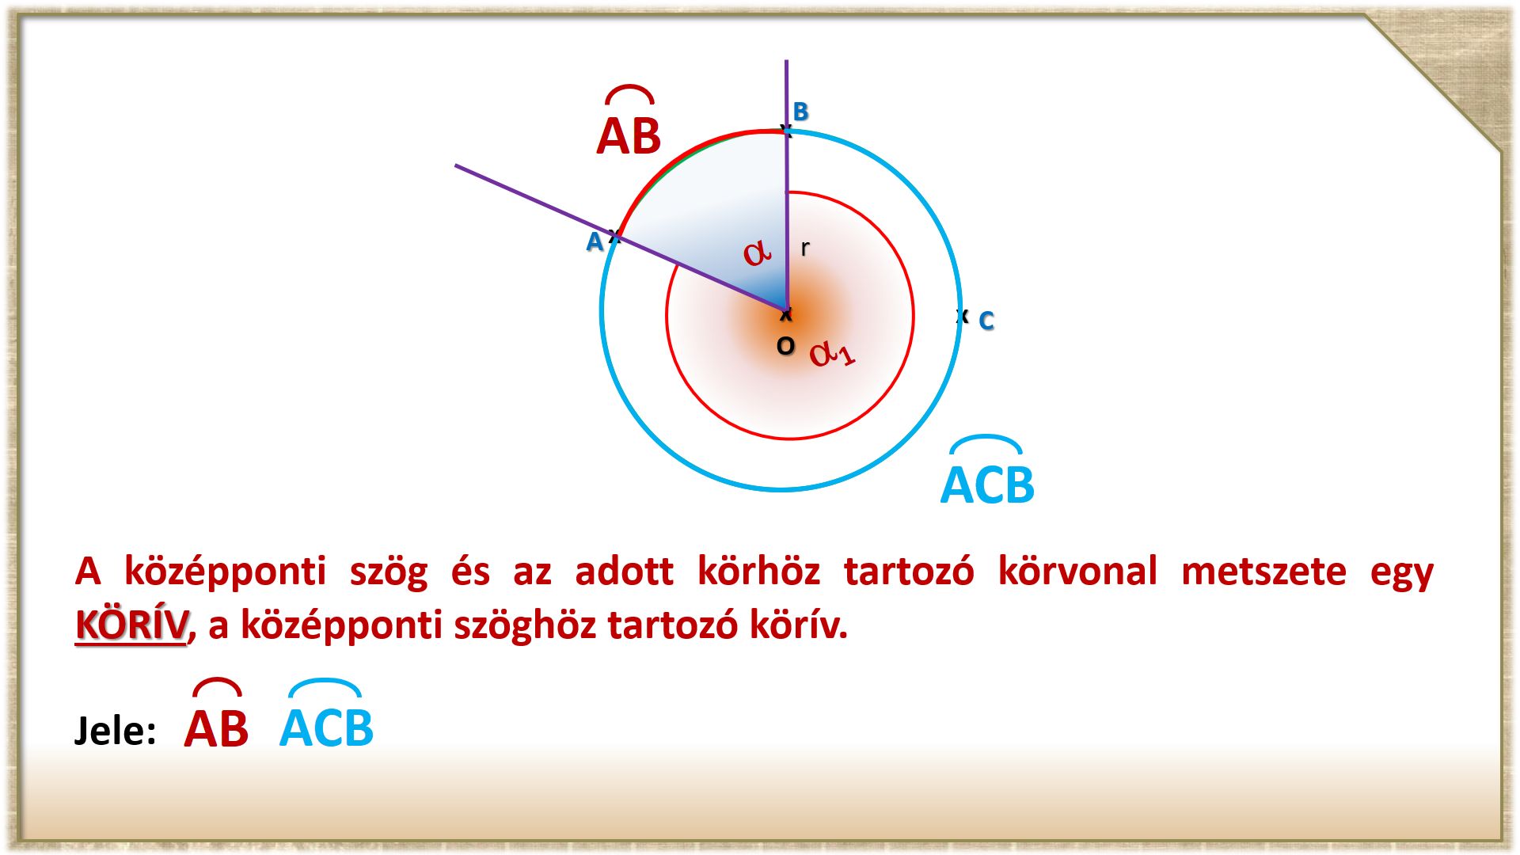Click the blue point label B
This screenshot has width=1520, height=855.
(800, 112)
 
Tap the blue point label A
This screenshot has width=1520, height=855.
(594, 241)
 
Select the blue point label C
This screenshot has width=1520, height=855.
(986, 321)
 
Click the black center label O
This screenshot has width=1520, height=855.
(785, 346)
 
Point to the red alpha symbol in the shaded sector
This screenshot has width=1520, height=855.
(757, 253)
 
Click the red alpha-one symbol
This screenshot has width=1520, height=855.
(832, 353)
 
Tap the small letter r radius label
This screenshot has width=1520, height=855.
(805, 248)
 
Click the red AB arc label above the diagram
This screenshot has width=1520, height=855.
(629, 121)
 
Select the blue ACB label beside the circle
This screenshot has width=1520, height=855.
(987, 470)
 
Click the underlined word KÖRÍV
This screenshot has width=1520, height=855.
(131, 625)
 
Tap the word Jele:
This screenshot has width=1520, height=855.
(115, 730)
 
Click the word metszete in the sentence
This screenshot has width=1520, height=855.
(1263, 572)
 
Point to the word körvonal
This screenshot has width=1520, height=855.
(1077, 571)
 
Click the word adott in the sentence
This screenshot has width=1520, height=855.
(625, 572)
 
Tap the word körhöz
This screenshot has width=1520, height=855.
(758, 571)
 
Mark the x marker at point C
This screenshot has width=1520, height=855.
(962, 316)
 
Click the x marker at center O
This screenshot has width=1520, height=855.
(785, 315)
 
